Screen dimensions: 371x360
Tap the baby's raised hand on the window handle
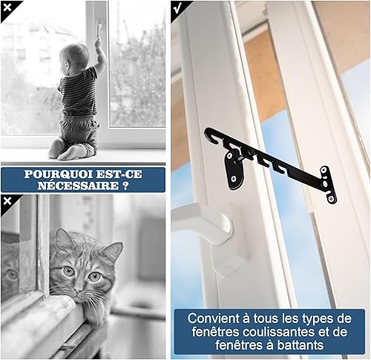pos(98,42)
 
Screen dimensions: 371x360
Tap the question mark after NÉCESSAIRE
pos(125,186)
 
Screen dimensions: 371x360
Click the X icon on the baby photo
pos(7,7)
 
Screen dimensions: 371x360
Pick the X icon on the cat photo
pos(7,201)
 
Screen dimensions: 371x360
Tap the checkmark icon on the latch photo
pos(177,8)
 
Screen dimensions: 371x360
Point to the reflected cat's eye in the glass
pos(12,274)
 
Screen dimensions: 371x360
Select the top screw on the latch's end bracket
pos(324,171)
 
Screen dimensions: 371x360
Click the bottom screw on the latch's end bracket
pos(332,198)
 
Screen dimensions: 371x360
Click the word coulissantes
pos(279,332)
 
